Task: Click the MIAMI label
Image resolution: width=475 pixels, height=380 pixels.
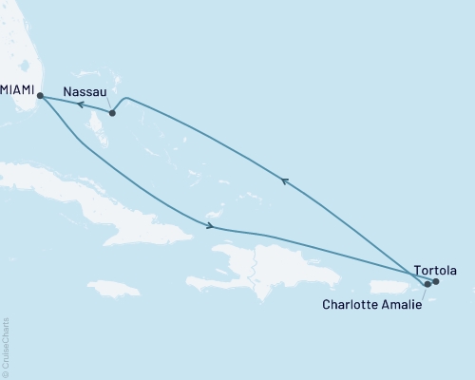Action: tap(17, 88)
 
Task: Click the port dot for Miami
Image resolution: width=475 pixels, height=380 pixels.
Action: tap(40, 95)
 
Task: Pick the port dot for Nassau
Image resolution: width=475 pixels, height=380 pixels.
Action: tap(112, 114)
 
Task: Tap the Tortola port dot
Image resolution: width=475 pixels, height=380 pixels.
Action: tap(436, 281)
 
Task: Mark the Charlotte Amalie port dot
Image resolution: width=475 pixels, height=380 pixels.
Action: tap(427, 283)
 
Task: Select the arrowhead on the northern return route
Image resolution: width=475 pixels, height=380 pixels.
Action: tap(282, 179)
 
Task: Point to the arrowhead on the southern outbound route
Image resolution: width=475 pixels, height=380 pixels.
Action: tap(210, 226)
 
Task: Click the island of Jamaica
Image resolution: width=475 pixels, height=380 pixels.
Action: tap(114, 287)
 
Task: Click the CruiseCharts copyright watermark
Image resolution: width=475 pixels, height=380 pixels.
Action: tap(6, 347)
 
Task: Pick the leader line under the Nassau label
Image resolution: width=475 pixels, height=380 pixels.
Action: tap(107, 104)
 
